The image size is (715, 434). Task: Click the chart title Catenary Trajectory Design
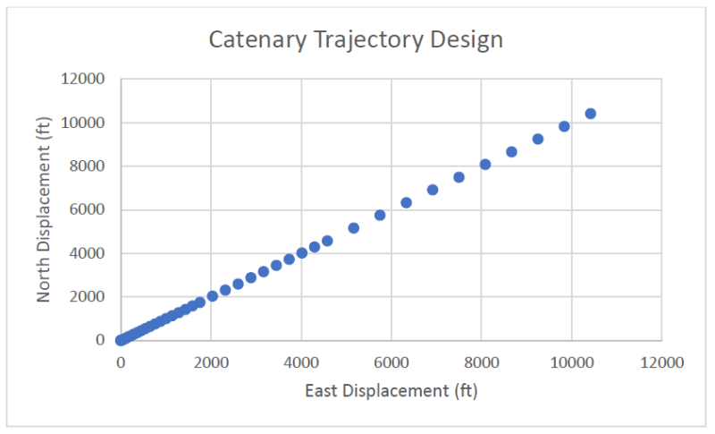pos(356,40)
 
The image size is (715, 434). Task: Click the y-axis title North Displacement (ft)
pos(45,209)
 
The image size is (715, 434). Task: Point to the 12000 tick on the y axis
pos(87,80)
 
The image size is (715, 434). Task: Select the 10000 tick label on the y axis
pos(87,123)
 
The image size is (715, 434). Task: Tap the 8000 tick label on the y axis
pos(90,166)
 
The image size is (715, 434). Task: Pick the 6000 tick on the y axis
pos(90,210)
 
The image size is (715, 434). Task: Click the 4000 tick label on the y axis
pos(90,253)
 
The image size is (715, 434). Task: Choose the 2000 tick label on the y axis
pos(90,297)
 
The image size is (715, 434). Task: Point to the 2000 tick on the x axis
pos(211,362)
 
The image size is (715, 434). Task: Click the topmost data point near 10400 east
pos(590,114)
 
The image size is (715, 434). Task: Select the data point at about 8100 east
pos(485,165)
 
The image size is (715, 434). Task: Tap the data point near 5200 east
pos(353,228)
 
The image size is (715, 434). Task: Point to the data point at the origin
pos(121,340)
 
